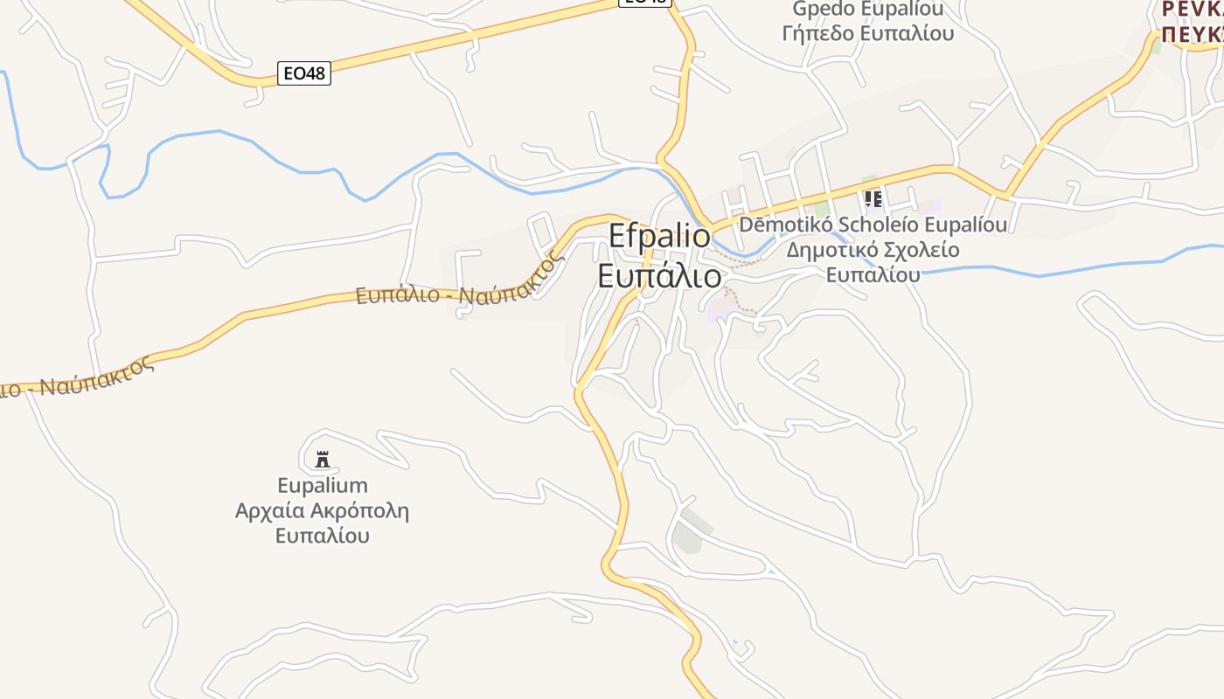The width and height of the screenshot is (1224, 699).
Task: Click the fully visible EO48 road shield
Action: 304,73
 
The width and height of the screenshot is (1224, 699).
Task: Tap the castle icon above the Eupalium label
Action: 323,459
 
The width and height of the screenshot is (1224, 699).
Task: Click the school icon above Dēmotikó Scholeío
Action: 873,198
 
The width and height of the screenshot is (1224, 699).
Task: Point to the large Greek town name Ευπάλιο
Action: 660,275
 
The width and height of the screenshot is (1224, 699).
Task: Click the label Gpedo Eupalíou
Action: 868,10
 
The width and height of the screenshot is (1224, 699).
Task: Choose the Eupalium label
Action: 323,485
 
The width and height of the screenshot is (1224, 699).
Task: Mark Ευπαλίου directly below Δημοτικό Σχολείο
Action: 873,274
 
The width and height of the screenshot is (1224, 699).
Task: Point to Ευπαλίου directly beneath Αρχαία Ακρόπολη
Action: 323,536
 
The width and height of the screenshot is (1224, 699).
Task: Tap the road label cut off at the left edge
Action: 79,376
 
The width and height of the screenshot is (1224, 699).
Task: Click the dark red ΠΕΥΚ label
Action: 1192,33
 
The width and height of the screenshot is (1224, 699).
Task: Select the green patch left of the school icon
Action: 822,210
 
